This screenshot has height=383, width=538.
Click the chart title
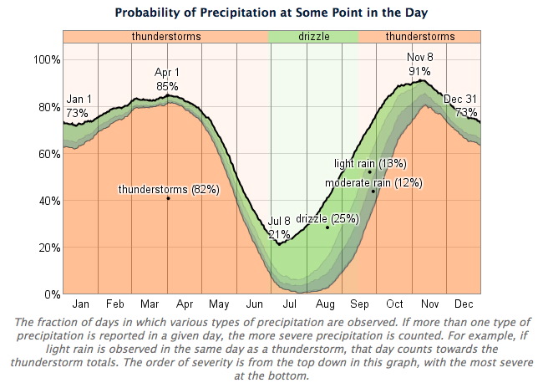coord(271,13)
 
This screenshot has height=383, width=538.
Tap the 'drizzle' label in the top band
coord(314,37)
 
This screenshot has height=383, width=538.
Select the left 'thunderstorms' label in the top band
coord(166,37)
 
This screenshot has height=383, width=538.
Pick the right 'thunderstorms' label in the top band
coord(420,37)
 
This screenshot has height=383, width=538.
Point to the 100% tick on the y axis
coord(47,59)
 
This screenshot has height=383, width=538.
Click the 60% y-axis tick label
coord(49,154)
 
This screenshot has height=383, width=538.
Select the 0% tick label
coord(53,294)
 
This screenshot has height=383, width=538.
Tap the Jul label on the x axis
coord(289,304)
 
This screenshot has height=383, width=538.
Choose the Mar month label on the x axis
coord(150,304)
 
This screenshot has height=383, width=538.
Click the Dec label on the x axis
coord(464,304)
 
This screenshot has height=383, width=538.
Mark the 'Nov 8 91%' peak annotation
coord(419,64)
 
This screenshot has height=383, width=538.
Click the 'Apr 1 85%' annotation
coord(167,79)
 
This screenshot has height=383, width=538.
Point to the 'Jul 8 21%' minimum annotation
coord(279,227)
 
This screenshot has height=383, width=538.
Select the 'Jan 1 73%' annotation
coord(79,106)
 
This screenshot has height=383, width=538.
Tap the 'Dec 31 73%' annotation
coord(460,105)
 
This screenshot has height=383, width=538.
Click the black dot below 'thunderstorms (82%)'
coord(168,198)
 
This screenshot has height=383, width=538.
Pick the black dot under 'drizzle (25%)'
coord(327,227)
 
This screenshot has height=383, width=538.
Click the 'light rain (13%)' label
coord(370,164)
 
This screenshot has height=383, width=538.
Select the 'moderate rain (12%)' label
coord(373,183)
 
